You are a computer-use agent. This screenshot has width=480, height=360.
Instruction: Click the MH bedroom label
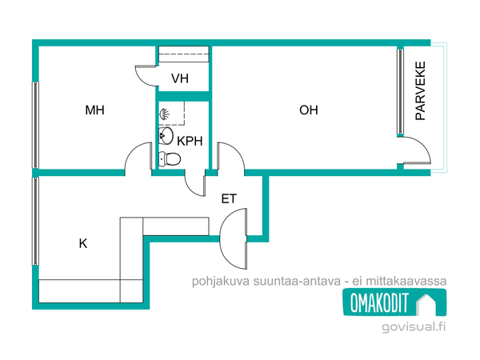(x=95, y=110)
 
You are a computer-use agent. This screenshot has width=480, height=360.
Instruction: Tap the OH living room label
(x=309, y=110)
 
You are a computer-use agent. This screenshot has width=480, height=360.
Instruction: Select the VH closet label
(x=180, y=79)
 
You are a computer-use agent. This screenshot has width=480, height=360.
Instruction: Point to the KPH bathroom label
(x=190, y=141)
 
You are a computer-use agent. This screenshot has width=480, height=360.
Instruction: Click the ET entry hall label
(x=229, y=198)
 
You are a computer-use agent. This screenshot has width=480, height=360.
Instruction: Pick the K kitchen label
(x=82, y=244)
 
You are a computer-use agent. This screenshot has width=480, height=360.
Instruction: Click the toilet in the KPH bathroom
(x=169, y=158)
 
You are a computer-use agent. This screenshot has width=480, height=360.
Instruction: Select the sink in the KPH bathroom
(x=166, y=136)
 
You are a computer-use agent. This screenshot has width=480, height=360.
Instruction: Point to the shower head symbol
(x=164, y=114)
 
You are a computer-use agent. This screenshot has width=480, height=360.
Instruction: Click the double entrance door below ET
(x=234, y=241)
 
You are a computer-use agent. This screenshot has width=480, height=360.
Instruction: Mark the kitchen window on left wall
(x=34, y=221)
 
